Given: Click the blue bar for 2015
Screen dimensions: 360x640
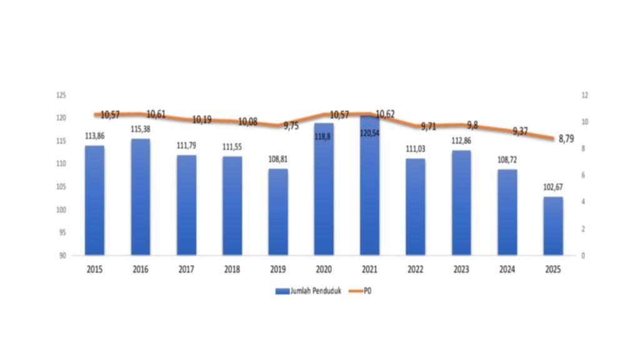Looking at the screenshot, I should coord(95,200).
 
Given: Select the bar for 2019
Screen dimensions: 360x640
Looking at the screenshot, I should coord(278,212).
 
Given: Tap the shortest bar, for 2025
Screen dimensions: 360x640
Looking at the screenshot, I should coord(553,226).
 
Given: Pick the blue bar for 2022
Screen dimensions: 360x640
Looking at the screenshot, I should coord(416,207).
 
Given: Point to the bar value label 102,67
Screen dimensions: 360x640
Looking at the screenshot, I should coord(553,187).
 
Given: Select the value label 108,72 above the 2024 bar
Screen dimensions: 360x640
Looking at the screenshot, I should coord(507,160).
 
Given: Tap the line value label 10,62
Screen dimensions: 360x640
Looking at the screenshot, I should coord(385,114).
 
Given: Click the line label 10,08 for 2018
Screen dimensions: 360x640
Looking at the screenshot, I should coord(247,121).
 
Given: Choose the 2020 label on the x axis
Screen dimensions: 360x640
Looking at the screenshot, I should coord(324,270).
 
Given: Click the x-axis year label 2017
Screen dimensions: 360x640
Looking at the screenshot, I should coord(186,270).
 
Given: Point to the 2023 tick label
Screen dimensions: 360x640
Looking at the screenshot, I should coord(461,270).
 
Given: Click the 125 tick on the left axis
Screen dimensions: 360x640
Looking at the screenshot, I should coord(61,95).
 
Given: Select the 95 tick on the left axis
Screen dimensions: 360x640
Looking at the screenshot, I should coord(62,232).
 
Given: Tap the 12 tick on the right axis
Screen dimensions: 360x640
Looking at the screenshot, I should coord(585,95).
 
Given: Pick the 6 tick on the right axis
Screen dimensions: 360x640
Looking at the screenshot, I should coord(584,176).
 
